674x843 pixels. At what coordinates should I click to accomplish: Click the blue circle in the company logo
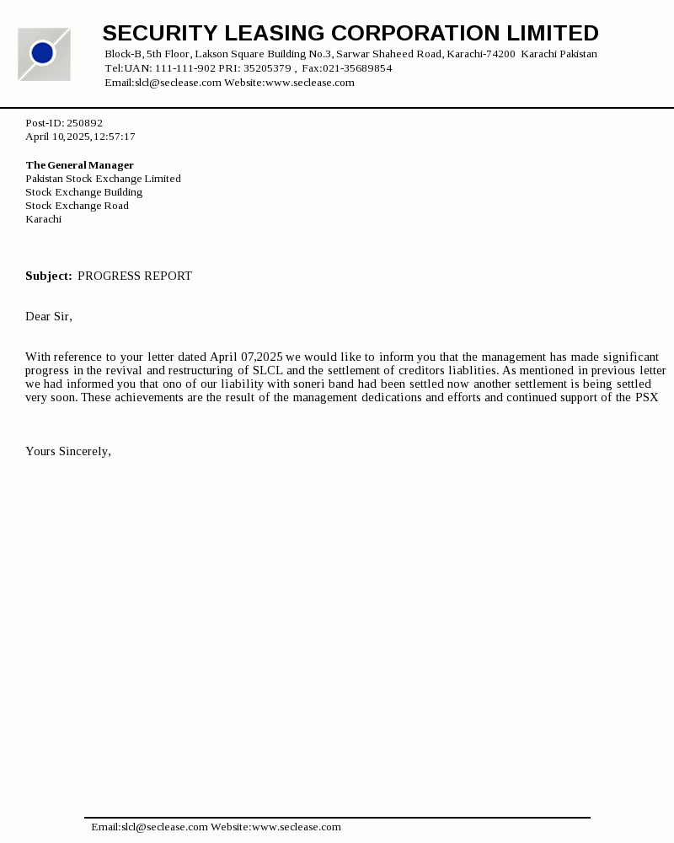coord(42,53)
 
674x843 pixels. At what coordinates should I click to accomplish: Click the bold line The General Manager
coord(79,165)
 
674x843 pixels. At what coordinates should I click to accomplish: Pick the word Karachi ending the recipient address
coord(43,219)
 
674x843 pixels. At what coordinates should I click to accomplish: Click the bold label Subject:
coord(48,277)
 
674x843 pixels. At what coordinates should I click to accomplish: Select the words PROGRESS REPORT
coord(135,277)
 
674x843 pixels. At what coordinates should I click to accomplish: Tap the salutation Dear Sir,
coord(49,317)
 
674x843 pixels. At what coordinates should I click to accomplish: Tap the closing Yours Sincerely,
coord(68,452)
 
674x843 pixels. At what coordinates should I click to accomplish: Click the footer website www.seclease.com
coord(297,828)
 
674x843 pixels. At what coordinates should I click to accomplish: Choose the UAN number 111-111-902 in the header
coord(185,68)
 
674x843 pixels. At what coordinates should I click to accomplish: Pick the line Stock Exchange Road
coord(77,206)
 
